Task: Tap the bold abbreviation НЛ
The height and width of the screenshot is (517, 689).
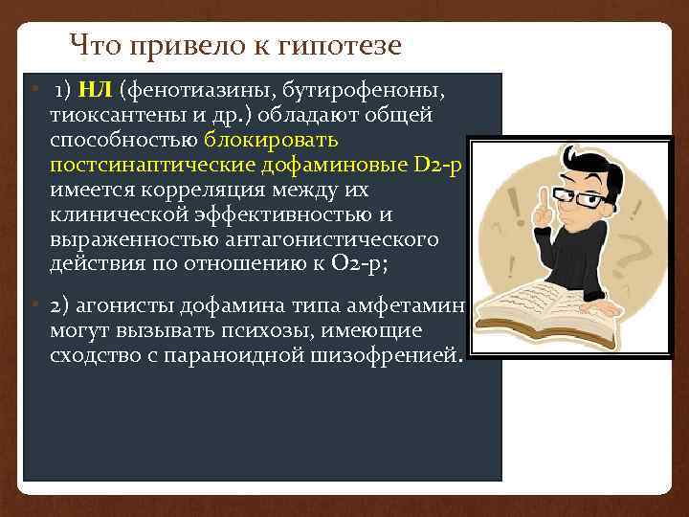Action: [x=96, y=91]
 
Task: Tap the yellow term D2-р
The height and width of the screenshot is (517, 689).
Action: [x=438, y=166]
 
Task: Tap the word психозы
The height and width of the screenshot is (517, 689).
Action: [x=227, y=331]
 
